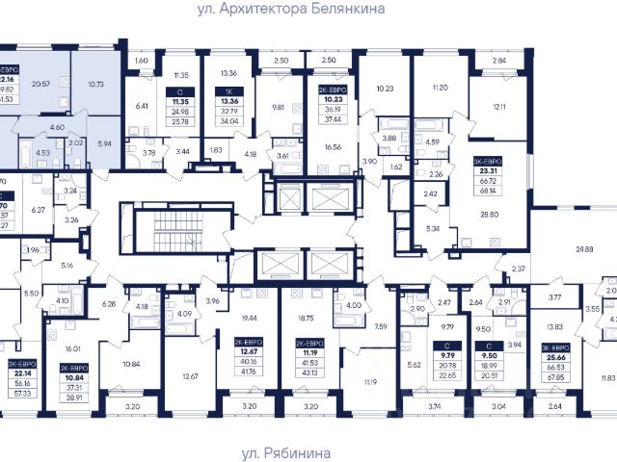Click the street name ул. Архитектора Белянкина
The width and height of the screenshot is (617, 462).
tap(309, 8)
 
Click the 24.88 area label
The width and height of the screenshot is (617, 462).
tap(584, 249)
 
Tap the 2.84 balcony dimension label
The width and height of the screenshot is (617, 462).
tap(498, 61)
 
